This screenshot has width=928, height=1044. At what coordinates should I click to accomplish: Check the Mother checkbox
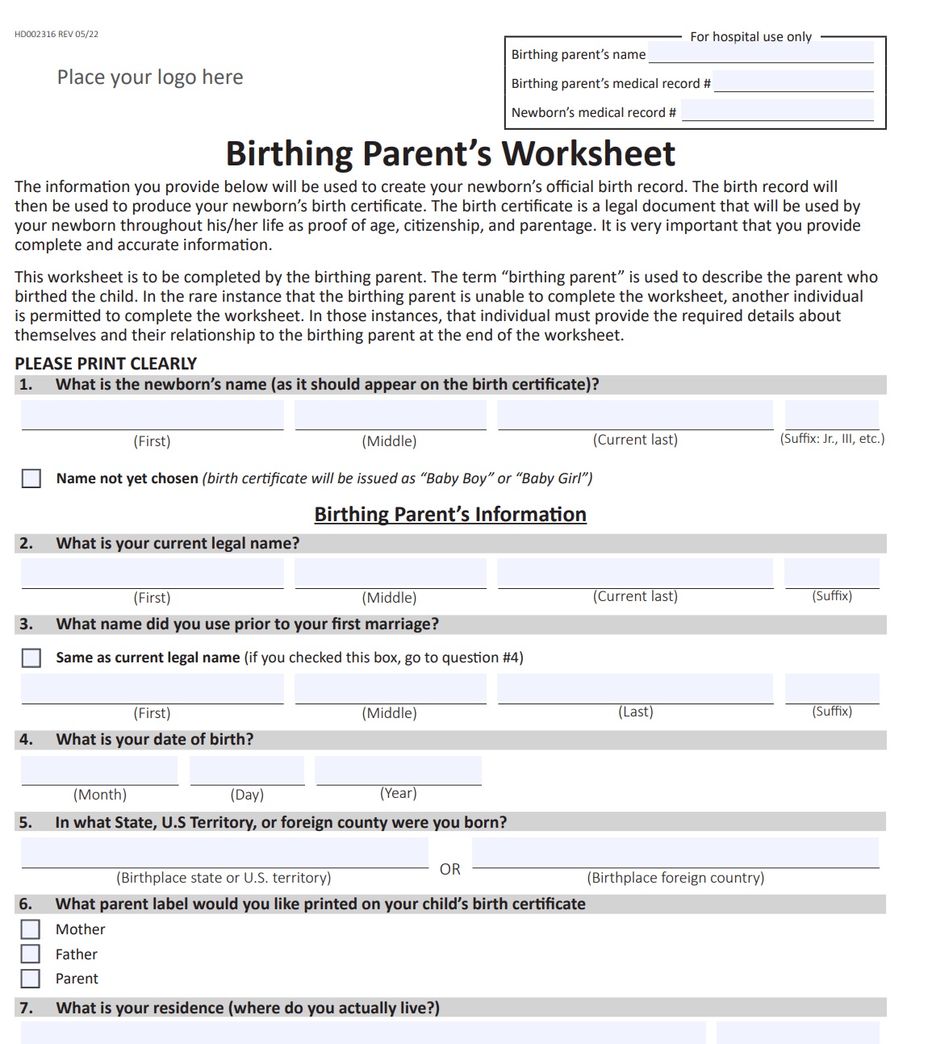tap(31, 929)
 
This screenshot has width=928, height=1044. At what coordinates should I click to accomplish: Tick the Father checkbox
tap(31, 954)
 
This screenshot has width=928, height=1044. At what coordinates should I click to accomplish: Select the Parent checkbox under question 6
tap(31, 979)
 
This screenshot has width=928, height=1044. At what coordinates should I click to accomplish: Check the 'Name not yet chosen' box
tap(31, 478)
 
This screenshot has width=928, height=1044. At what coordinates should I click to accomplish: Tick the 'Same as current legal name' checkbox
tap(31, 658)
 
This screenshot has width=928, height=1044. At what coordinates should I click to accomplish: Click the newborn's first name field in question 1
tap(153, 415)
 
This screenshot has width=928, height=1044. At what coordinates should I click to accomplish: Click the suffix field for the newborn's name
tap(831, 415)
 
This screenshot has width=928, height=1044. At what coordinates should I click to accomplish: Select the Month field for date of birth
tap(99, 770)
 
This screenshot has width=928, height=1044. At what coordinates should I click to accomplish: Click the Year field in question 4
tap(398, 770)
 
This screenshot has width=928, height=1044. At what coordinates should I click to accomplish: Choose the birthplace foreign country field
tap(675, 853)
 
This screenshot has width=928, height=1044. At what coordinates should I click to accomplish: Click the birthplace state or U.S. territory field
tap(224, 853)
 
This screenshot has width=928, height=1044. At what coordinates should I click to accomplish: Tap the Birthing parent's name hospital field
tap(761, 53)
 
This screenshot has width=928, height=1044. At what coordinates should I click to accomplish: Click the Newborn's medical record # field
tap(777, 111)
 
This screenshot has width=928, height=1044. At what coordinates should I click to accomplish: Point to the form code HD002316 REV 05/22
tap(56, 34)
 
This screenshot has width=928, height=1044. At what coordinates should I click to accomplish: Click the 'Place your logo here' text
tap(150, 77)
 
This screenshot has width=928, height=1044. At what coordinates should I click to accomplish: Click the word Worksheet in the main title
tap(588, 153)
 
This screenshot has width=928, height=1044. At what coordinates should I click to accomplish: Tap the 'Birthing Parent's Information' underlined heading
tap(450, 515)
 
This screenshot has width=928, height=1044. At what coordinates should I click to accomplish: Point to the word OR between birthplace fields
tap(450, 869)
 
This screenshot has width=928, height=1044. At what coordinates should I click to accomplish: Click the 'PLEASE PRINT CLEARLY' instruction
tap(106, 364)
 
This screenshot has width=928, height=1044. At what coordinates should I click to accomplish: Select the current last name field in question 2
tap(635, 573)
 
